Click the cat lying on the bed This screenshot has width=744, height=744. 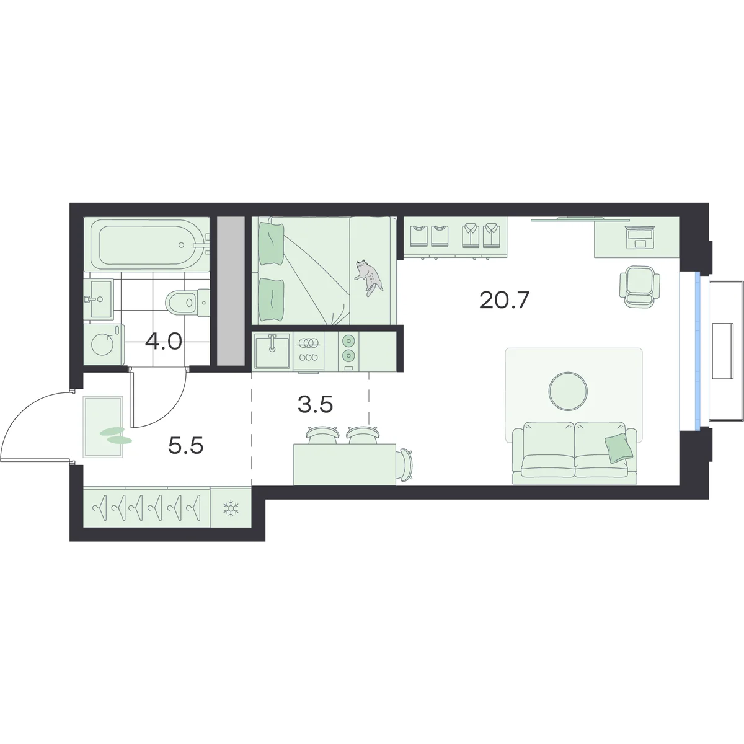pos(369,277)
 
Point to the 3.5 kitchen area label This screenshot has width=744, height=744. pos(315,404)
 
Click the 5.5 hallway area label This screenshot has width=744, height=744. pos(186,446)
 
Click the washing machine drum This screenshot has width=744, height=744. pos(102,344)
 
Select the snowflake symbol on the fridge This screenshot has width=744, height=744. pos(231,508)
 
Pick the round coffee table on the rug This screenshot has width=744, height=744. pos(568,391)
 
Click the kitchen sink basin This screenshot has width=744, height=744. pos(272,351)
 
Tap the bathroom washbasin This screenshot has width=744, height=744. pos(99,298)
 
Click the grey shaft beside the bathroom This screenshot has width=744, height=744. pos(231,291)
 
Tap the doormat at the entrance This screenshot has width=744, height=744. pos(103,427)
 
